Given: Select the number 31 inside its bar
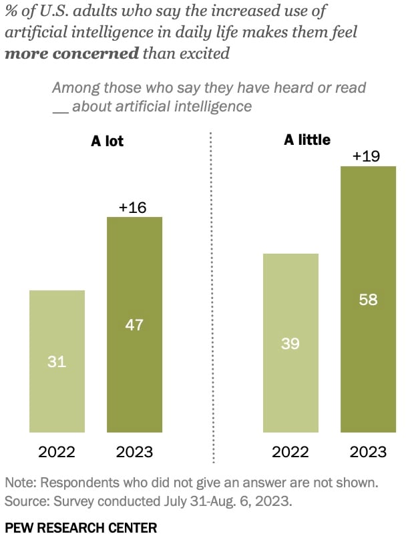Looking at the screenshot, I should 57,362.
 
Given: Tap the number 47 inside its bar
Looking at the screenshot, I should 134,325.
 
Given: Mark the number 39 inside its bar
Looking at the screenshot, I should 290,344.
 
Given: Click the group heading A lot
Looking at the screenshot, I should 108,141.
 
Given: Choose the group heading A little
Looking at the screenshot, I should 307,140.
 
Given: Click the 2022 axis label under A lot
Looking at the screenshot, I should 57,452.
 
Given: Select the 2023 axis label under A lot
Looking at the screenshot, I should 134,452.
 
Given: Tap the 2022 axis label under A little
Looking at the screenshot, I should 290,452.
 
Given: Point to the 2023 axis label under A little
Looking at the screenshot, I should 368,452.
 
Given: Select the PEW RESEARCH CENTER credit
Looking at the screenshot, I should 81,528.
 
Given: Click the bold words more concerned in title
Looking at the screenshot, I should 71,53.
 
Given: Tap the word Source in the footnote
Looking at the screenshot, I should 23,499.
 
